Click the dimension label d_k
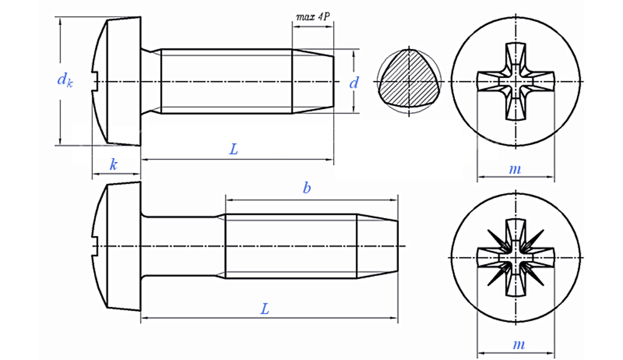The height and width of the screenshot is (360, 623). pyautogui.click(x=64, y=80)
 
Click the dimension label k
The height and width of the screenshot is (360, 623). pyautogui.click(x=113, y=164)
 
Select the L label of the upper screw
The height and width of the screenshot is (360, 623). pyautogui.click(x=234, y=149)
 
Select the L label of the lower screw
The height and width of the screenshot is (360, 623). pyautogui.click(x=265, y=309)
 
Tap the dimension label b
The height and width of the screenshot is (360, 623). pyautogui.click(x=307, y=188)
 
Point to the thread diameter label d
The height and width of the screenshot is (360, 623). pyautogui.click(x=354, y=82)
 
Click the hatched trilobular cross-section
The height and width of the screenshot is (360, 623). pyautogui.click(x=408, y=82)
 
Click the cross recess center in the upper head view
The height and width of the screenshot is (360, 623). pyautogui.click(x=516, y=82)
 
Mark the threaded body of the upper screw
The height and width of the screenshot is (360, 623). pyautogui.click(x=227, y=82)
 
